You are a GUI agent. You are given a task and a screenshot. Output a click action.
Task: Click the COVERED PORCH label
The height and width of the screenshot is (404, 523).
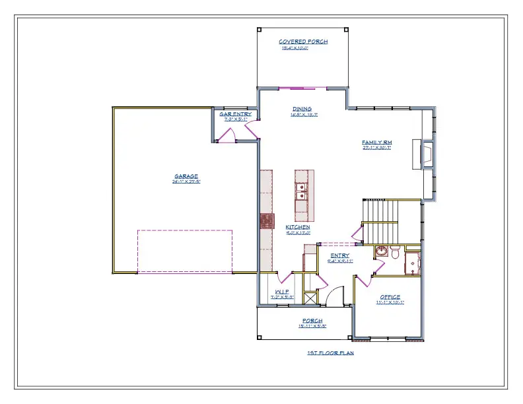[x=303, y=42]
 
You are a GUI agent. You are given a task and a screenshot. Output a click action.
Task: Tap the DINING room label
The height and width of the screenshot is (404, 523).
[x=302, y=109]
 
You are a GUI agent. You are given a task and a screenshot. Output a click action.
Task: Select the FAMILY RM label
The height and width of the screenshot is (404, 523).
[x=376, y=143]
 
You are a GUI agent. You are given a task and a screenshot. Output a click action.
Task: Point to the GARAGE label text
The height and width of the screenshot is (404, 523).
[x=186, y=176]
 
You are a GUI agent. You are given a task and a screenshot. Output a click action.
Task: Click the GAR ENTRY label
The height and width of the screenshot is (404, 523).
[x=236, y=114]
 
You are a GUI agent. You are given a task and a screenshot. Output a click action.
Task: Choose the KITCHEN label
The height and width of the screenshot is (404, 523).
[x=298, y=227]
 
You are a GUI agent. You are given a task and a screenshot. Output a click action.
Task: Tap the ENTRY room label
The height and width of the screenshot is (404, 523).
[x=339, y=255]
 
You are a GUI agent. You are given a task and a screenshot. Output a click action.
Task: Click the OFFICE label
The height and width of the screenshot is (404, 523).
[x=390, y=297]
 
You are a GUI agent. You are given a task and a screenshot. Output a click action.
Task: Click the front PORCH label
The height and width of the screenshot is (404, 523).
[x=312, y=321]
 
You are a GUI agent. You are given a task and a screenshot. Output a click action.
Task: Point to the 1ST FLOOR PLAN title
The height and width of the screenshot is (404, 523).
[x=330, y=353]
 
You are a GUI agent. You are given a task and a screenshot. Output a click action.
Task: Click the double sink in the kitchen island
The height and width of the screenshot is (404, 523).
[x=300, y=192]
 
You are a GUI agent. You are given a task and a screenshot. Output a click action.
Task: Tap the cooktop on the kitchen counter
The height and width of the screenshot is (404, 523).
[x=267, y=220]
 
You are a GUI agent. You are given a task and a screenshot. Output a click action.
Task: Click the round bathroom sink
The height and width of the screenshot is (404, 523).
[x=382, y=252]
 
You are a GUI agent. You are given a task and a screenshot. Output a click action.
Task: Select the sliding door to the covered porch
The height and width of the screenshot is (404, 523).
[x=300, y=88]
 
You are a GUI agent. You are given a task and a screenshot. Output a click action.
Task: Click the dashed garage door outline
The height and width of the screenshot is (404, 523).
[x=185, y=251]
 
